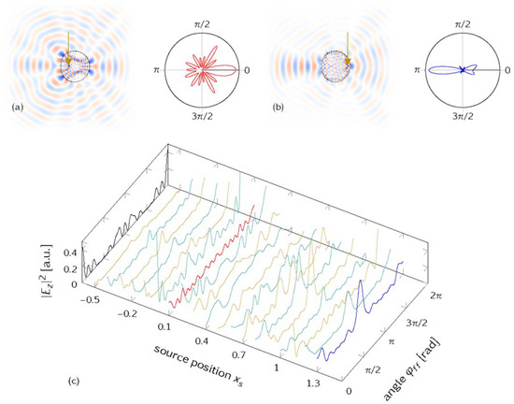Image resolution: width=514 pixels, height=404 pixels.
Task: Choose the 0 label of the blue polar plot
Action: tap(505, 70)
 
